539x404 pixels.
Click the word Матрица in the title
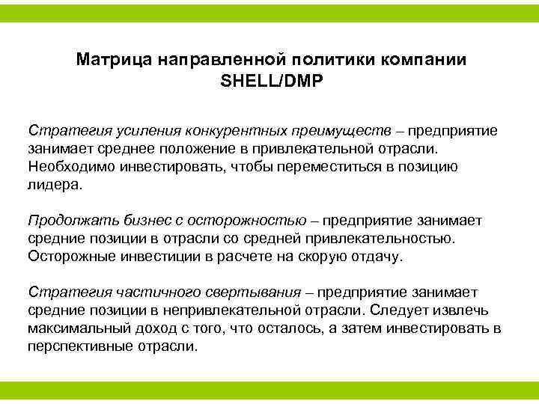[x=113, y=59]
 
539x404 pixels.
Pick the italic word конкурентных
[x=216, y=130]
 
